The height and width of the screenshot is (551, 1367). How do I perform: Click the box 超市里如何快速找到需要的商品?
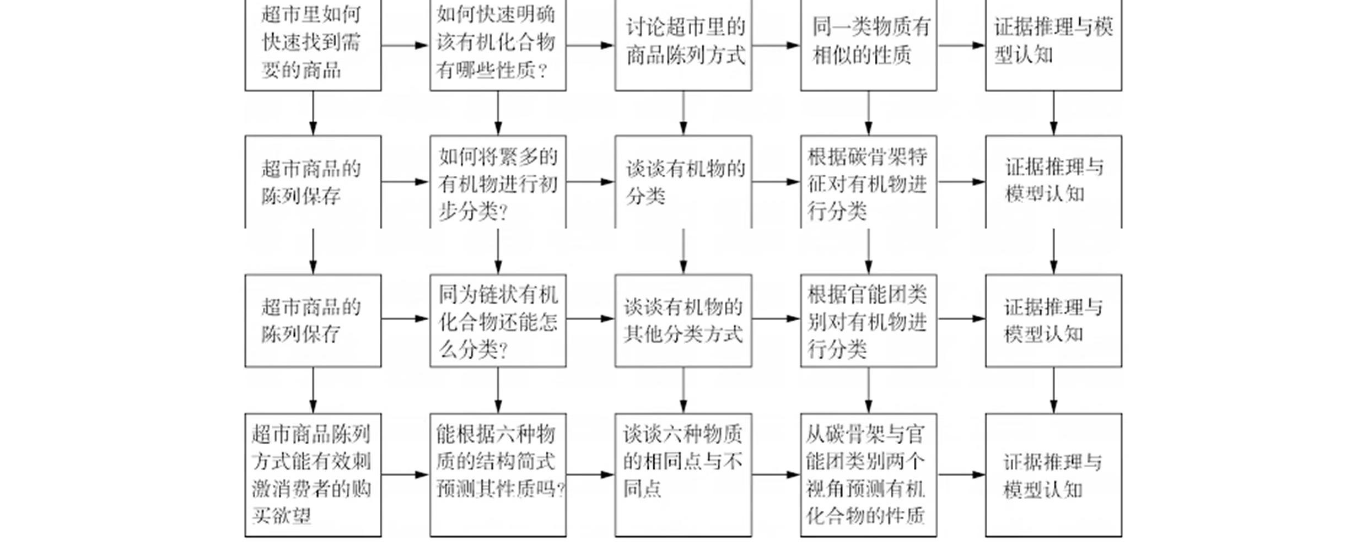313,44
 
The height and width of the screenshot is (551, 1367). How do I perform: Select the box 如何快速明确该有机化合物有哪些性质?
498,44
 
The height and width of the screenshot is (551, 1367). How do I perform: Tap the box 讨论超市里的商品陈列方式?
683,44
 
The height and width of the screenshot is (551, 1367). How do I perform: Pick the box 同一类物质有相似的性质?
868,44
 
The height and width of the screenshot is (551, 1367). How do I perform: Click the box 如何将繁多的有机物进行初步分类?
498,182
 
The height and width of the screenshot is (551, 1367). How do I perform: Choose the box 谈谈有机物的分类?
683,182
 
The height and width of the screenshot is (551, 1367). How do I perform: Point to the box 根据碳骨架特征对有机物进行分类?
868,182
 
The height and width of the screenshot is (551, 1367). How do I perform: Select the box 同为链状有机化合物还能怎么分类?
498,321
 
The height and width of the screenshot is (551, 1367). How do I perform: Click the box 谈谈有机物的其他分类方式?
683,321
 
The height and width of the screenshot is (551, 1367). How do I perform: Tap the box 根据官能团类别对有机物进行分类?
868,321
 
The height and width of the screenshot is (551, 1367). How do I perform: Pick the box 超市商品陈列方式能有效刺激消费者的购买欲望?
313,474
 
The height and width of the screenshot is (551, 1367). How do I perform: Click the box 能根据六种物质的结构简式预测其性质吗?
498,474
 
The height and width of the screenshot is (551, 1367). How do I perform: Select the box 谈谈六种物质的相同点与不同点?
683,474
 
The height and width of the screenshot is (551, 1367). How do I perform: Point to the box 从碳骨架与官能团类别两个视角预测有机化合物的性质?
868,474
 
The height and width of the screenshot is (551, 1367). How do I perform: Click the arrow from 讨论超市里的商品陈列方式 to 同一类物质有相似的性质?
776,45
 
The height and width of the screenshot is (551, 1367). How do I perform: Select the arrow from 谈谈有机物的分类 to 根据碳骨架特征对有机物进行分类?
776,182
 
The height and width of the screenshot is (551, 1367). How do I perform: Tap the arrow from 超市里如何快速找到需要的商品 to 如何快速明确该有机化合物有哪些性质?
405,45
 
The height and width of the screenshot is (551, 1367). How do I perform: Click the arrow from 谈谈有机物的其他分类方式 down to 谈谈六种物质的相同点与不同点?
684,390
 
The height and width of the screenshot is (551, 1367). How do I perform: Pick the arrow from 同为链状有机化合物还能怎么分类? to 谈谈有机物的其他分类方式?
590,318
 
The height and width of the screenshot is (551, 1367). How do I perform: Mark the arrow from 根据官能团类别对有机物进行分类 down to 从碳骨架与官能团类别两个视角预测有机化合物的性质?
869,390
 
